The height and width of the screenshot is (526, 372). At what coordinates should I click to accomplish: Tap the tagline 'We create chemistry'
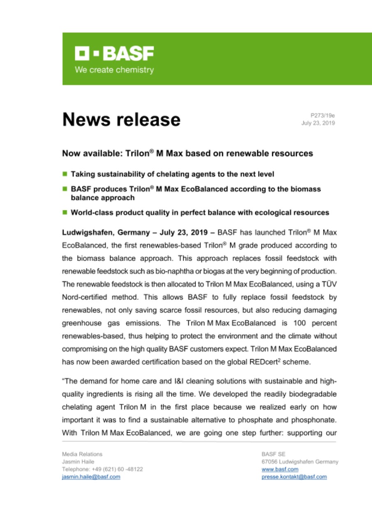click(x=114, y=70)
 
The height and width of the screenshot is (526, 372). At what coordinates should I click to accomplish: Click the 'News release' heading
click(x=121, y=120)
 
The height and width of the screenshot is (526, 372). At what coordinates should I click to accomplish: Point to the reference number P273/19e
click(x=323, y=116)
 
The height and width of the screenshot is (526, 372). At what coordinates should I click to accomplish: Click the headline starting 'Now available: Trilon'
click(x=187, y=154)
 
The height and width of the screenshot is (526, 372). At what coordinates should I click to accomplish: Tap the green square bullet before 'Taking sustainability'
click(x=65, y=174)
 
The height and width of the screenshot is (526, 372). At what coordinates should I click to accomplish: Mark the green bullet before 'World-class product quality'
click(x=65, y=213)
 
